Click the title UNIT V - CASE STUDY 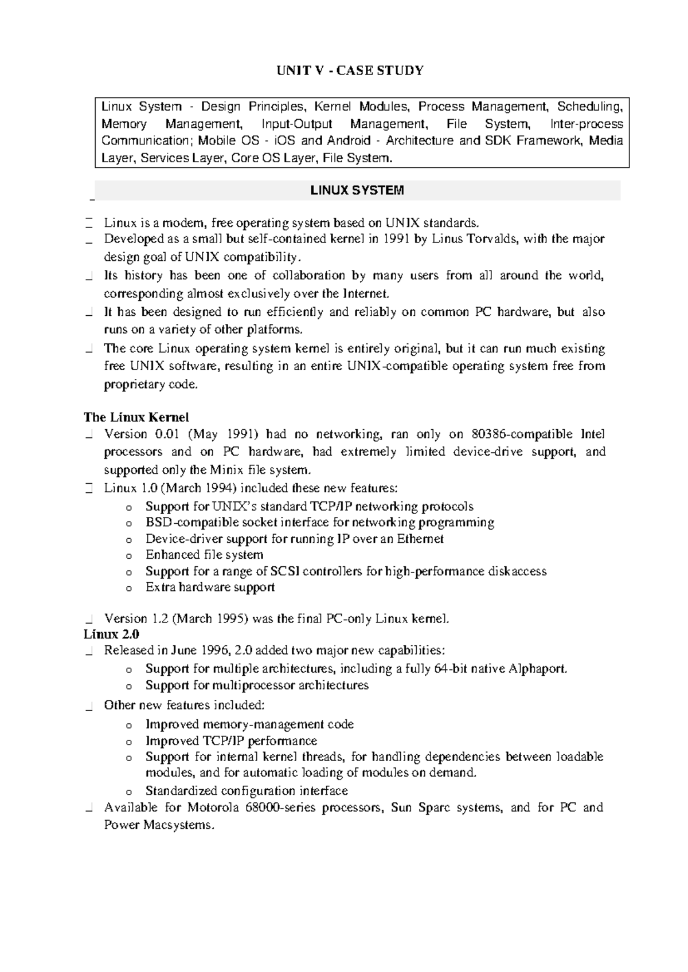pos(350,70)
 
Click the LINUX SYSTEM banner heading pos(357,190)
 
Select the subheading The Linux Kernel pos(136,417)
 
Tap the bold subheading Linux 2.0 pos(111,634)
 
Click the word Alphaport pos(537,668)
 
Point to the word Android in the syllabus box pos(349,141)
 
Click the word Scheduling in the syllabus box pos(590,107)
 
